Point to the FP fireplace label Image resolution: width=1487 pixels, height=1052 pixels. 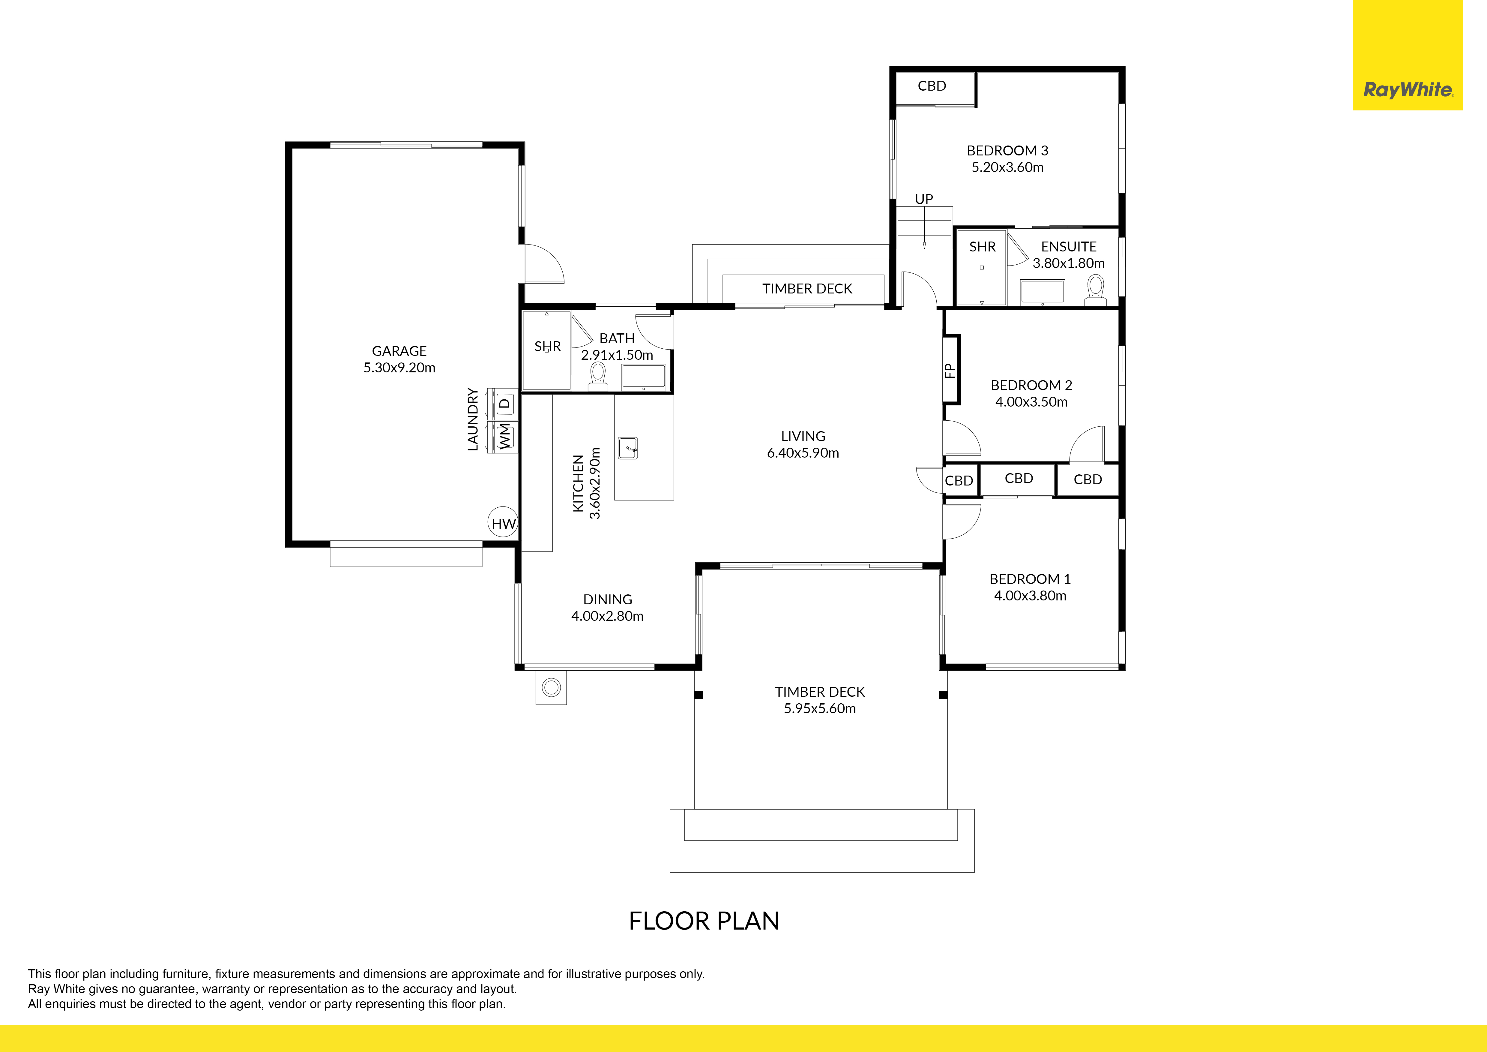(950, 370)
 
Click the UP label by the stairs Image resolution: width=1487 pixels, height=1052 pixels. (924, 199)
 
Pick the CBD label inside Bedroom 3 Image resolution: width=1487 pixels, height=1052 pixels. (932, 86)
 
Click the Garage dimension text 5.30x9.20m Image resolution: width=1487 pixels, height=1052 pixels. (399, 367)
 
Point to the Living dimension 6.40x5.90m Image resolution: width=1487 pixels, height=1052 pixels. (803, 453)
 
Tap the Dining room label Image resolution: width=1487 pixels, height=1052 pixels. (608, 599)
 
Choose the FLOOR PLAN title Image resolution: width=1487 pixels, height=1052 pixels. (704, 921)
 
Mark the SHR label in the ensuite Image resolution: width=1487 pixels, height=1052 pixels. (983, 247)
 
